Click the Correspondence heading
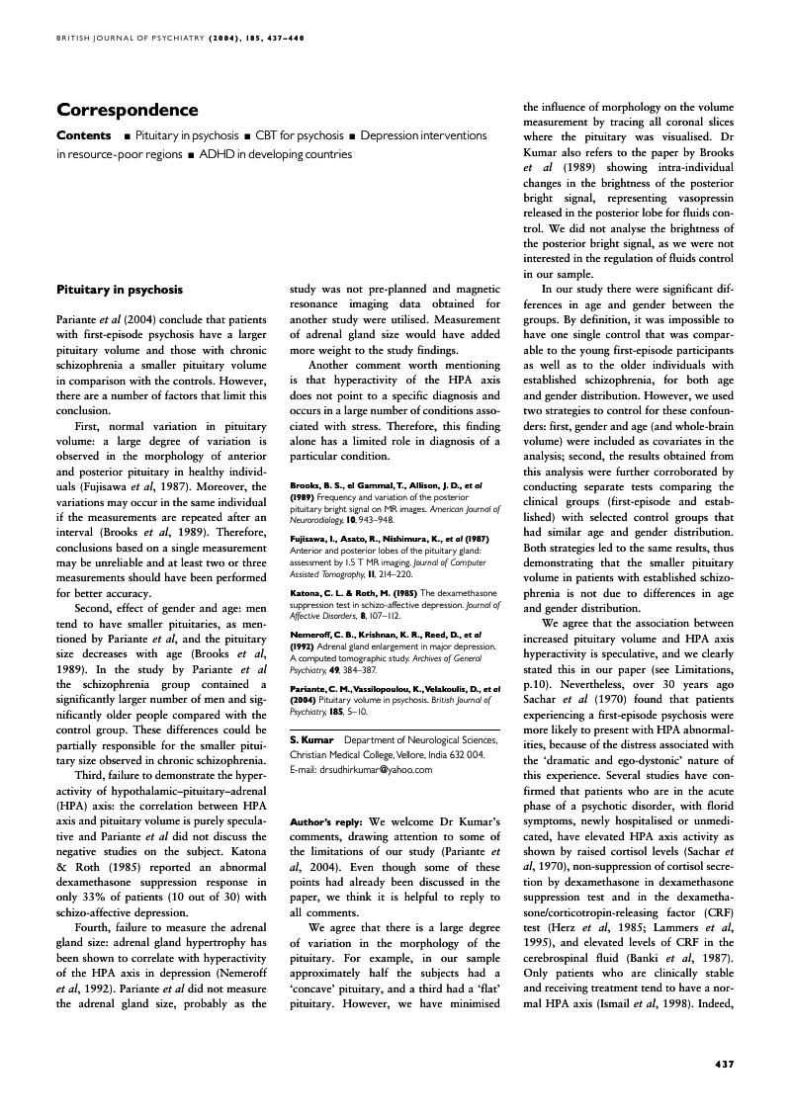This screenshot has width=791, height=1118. click(128, 110)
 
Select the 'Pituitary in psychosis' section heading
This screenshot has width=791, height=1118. click(120, 290)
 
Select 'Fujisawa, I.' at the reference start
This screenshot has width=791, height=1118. click(313, 538)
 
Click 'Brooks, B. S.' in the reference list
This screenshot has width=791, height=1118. click(317, 484)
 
